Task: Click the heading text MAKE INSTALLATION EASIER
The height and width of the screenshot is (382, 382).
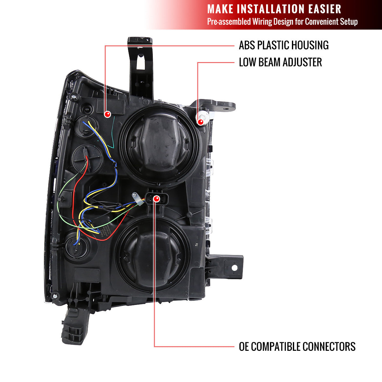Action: (274, 9)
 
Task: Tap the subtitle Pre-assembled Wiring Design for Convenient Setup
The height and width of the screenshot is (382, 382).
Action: (282, 22)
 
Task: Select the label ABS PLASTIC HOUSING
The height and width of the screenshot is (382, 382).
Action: (284, 46)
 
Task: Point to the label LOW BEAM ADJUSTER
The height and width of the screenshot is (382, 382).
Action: (280, 62)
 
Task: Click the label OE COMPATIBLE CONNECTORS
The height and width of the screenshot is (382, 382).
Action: (297, 346)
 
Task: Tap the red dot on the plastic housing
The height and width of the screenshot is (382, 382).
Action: (108, 114)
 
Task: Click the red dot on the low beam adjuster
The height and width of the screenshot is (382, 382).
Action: (201, 121)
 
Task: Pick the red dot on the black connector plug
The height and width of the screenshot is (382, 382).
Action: (156, 199)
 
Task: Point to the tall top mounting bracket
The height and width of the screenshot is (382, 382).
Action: (140, 67)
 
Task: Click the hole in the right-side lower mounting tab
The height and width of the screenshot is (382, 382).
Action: (234, 268)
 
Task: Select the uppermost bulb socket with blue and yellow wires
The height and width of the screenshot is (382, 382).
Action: (87, 126)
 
